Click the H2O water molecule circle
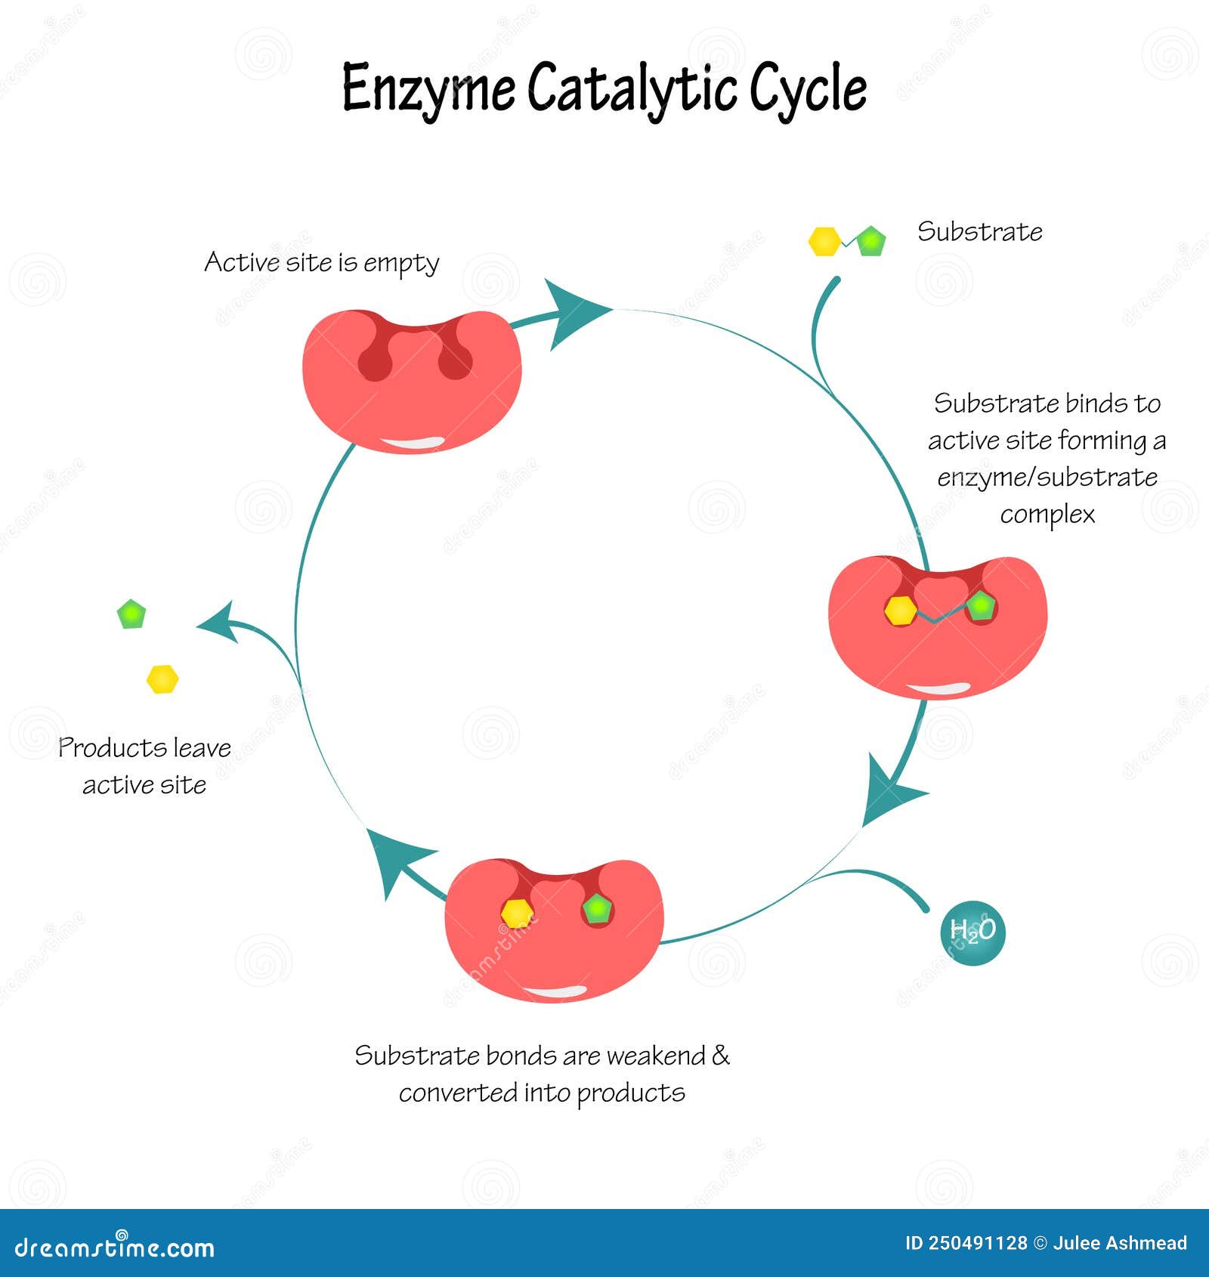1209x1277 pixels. [x=972, y=932]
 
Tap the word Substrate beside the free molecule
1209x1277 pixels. [x=979, y=231]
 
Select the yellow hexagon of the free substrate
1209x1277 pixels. [x=824, y=242]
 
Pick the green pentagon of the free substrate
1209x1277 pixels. [x=871, y=241]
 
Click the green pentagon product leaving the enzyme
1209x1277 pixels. [x=131, y=614]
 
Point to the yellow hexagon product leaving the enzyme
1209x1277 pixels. [x=162, y=679]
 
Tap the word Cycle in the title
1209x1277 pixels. [x=807, y=89]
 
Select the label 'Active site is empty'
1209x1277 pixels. [x=321, y=263]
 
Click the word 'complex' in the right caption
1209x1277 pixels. [x=1047, y=515]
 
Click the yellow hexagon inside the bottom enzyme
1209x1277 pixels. [x=517, y=914]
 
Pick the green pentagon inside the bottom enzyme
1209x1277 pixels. [x=598, y=909]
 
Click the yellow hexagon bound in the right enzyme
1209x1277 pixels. [x=900, y=611]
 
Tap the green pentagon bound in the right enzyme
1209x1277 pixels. [x=981, y=606]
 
